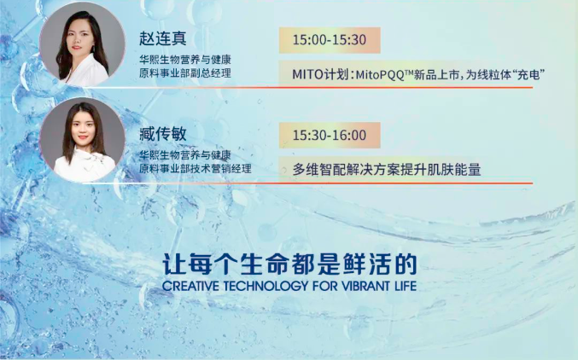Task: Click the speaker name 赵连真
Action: [x=162, y=38]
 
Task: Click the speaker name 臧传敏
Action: [x=162, y=134]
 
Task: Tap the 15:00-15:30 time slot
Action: [x=330, y=40]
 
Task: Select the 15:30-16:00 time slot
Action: [x=330, y=136]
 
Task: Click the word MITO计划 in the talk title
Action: [x=320, y=74]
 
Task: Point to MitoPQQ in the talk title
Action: [x=380, y=75]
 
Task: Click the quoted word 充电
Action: [x=529, y=75]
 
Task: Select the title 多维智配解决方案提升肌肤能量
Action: [x=387, y=170]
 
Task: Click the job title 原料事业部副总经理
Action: [x=185, y=73]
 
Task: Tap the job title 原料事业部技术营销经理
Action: [x=195, y=169]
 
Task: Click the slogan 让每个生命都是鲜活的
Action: [x=289, y=264]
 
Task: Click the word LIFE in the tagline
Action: [x=403, y=286]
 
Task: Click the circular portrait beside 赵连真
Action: [x=82, y=44]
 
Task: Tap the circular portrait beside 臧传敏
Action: [x=82, y=140]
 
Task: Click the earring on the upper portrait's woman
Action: [x=94, y=48]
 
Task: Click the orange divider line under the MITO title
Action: [x=307, y=88]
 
